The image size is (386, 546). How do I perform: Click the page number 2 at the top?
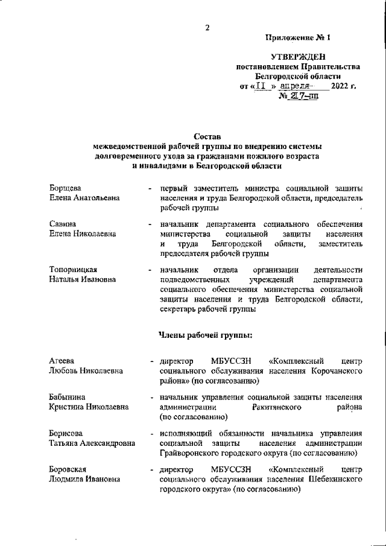[x=207, y=28]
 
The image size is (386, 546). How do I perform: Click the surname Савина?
[x=63, y=224]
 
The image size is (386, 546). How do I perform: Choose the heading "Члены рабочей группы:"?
[x=205, y=335]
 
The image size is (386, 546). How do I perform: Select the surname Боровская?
[x=68, y=469]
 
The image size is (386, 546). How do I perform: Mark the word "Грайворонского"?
[x=190, y=453]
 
